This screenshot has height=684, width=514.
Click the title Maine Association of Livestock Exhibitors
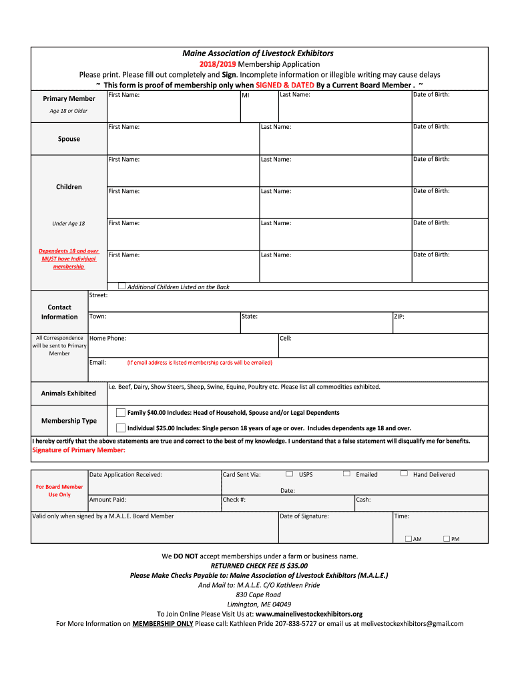tap(258, 53)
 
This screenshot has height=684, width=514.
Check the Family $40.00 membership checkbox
tap(121, 412)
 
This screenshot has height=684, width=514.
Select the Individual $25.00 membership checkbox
tap(121, 428)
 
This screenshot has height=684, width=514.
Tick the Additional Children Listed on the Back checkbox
tap(121, 286)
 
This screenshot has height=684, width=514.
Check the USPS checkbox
tap(289, 474)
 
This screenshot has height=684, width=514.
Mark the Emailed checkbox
tap(346, 474)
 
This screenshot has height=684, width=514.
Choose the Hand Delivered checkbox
tap(404, 474)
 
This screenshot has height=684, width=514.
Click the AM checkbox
tap(409, 538)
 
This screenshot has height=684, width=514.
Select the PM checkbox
tap(447, 538)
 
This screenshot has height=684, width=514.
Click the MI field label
tap(246, 96)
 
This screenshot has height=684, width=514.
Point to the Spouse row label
tap(69, 139)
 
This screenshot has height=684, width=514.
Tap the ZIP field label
tap(399, 317)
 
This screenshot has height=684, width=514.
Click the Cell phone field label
tap(286, 338)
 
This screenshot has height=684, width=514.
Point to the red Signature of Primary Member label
tap(79, 450)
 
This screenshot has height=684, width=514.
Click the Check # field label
tap(234, 499)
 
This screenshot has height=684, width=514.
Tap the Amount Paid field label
tap(107, 499)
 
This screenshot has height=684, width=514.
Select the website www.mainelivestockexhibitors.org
tap(309, 614)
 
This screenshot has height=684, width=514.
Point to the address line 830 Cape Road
tap(258, 594)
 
